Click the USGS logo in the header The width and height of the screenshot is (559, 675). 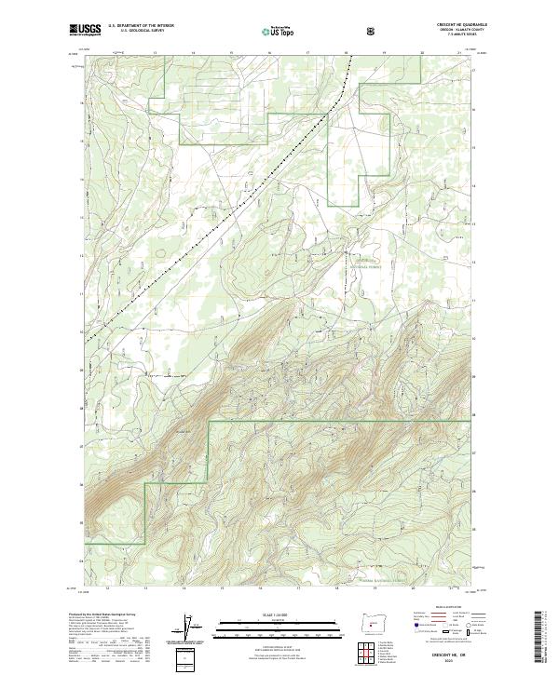[x=85, y=30]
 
